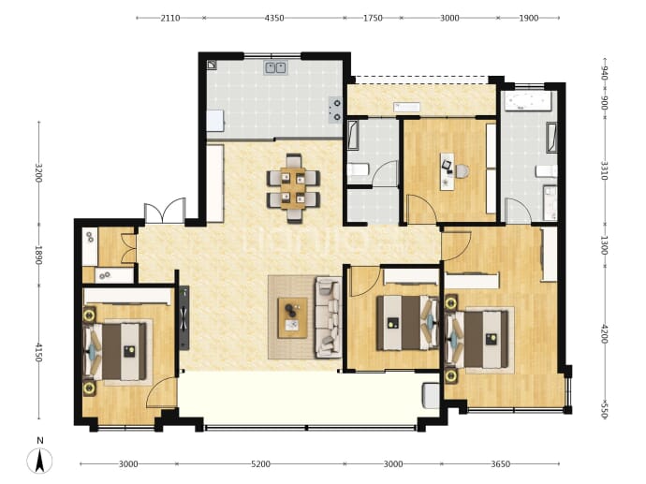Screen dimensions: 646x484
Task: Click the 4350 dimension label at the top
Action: click(x=274, y=18)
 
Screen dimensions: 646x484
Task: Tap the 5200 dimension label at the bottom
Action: click(x=261, y=464)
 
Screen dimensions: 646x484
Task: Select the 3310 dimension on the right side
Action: click(x=604, y=170)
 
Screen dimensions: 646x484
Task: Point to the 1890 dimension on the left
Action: click(x=38, y=256)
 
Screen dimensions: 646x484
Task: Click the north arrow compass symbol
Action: click(x=39, y=460)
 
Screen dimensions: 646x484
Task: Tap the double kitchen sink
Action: click(x=275, y=67)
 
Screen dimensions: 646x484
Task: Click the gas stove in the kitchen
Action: click(x=335, y=110)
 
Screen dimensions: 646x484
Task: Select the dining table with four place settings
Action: click(x=293, y=188)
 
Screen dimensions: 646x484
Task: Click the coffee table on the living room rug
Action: click(x=292, y=317)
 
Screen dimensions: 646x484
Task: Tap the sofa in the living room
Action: click(x=329, y=317)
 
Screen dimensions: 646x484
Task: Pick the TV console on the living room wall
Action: click(x=184, y=317)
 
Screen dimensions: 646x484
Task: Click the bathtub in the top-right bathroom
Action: click(x=528, y=101)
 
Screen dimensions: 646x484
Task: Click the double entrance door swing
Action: click(x=165, y=211)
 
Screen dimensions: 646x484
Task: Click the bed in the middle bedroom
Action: click(x=407, y=323)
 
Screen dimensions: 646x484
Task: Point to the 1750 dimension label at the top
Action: click(x=373, y=18)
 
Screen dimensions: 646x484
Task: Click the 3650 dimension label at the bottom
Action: click(x=501, y=464)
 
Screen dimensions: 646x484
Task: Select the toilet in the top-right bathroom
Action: click(x=547, y=171)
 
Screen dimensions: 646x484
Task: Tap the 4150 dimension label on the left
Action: click(x=38, y=353)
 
